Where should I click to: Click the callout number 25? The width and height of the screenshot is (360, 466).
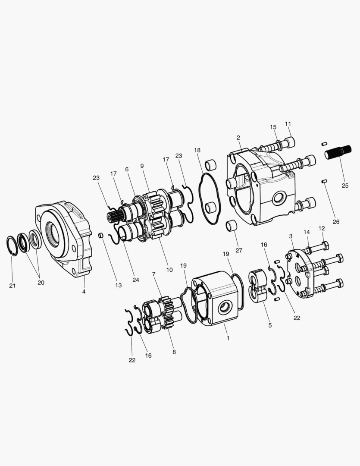(345, 186)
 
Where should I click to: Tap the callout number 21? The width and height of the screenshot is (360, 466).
(12, 286)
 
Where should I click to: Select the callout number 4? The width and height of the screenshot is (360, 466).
(84, 292)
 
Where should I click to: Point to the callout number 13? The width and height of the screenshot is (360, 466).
(118, 285)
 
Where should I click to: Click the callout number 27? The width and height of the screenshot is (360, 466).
(239, 251)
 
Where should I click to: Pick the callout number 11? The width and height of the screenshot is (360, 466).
(288, 124)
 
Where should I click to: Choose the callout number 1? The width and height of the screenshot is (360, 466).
(228, 338)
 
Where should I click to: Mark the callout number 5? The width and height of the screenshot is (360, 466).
(270, 325)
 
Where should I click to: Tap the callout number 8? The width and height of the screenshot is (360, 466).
(174, 352)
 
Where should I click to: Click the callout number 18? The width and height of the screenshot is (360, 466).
(197, 151)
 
